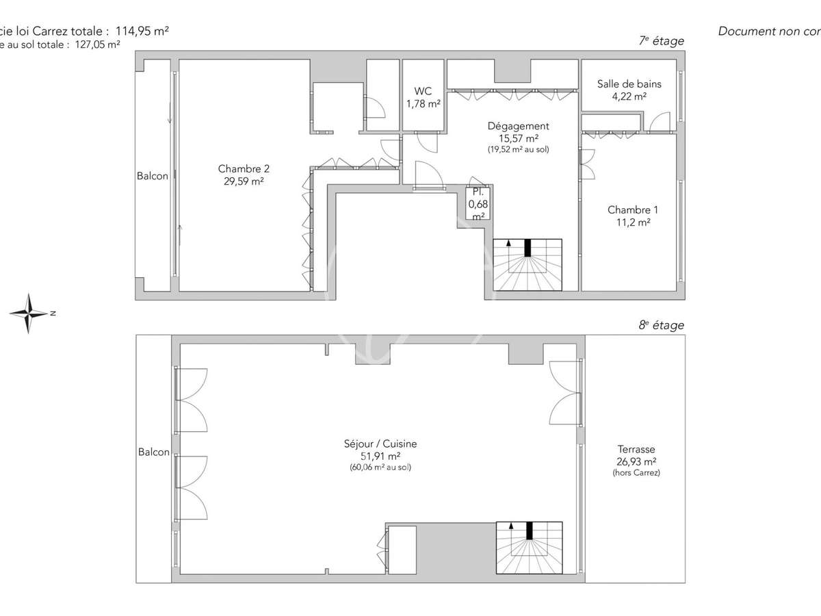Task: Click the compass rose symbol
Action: click(28, 313)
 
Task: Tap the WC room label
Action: click(423, 91)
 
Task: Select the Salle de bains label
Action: click(629, 84)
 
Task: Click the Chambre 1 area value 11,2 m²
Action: click(629, 222)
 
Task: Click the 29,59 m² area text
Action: click(244, 182)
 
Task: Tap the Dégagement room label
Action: click(518, 126)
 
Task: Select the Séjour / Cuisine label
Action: click(381, 444)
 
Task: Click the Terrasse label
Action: click(636, 449)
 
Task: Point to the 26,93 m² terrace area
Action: click(636, 461)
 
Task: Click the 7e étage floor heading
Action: click(661, 41)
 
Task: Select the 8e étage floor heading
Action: click(661, 326)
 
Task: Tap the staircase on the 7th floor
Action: click(527, 265)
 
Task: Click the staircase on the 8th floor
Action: click(530, 548)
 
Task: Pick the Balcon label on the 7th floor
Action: click(152, 176)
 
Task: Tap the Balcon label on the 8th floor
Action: click(153, 452)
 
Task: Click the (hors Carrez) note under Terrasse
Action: click(636, 473)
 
